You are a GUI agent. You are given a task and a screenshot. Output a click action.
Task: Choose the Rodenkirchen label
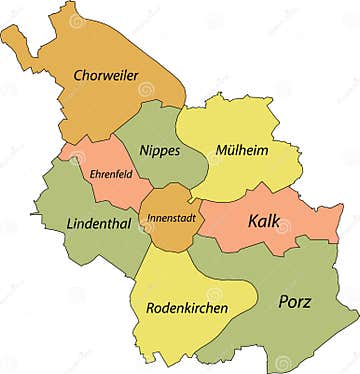(186, 307)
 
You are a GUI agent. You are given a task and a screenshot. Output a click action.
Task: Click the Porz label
(294, 301)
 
